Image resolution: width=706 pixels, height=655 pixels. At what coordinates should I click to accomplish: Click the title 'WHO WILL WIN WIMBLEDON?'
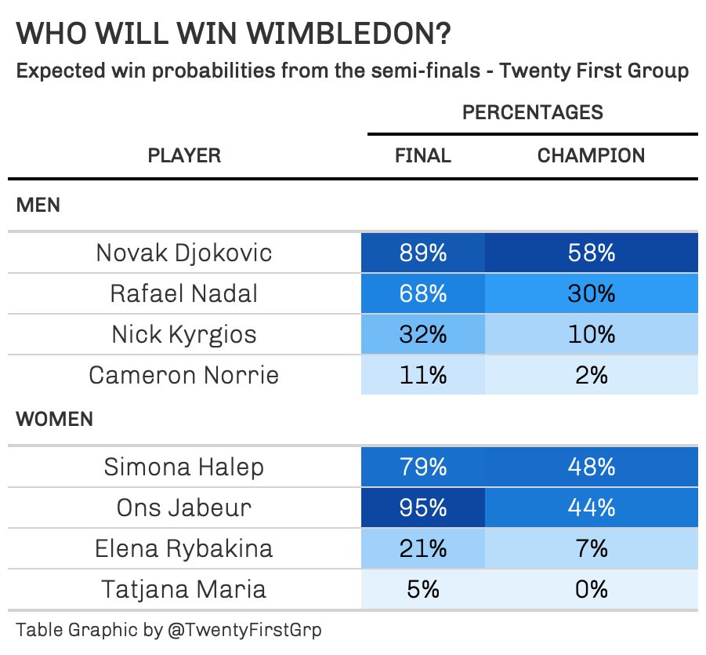[233, 35]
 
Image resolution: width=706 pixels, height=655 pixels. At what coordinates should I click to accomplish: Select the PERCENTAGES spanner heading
[533, 112]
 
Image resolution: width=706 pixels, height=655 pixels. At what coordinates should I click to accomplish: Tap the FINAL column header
[423, 155]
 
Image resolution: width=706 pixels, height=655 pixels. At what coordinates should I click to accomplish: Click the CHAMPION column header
[591, 155]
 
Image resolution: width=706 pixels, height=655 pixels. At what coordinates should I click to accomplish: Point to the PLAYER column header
[185, 155]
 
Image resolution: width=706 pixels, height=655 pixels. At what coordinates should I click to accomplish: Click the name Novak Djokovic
[184, 253]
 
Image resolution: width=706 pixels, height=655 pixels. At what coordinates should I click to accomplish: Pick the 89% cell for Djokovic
[423, 253]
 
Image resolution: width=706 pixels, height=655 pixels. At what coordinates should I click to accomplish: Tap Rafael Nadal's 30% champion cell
[591, 293]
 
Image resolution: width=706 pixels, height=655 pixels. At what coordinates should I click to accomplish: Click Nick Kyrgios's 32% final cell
[423, 334]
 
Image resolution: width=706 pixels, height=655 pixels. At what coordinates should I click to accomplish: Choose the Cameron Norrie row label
[184, 375]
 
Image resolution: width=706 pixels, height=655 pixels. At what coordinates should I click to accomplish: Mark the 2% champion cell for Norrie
[591, 375]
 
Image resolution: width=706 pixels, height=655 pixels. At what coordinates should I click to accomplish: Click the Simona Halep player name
[184, 467]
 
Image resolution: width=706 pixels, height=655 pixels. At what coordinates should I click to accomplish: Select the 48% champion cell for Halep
[591, 467]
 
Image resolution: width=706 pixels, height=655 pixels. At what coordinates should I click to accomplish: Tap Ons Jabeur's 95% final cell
[423, 508]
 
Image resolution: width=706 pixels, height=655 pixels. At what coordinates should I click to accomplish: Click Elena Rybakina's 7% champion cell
[591, 548]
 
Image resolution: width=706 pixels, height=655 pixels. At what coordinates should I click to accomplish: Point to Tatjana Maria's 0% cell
[591, 589]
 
